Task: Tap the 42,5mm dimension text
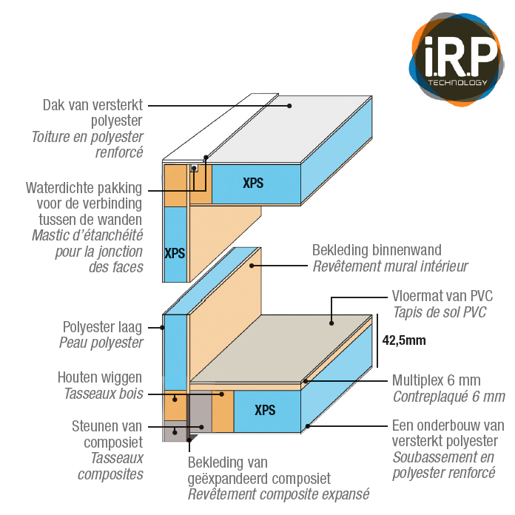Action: click(x=404, y=341)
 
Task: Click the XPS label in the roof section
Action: click(x=253, y=183)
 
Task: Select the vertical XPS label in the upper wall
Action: click(x=175, y=253)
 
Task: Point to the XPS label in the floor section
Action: click(x=264, y=410)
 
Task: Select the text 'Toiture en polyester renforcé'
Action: click(x=87, y=145)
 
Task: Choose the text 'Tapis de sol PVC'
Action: click(x=439, y=312)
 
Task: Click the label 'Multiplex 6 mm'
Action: click(x=436, y=381)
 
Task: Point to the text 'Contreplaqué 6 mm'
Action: click(x=448, y=397)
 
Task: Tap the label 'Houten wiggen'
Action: click(x=101, y=377)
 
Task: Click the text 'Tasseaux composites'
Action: click(x=110, y=466)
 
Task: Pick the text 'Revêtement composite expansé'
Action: click(x=277, y=494)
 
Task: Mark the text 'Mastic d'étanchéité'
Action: click(x=87, y=235)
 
